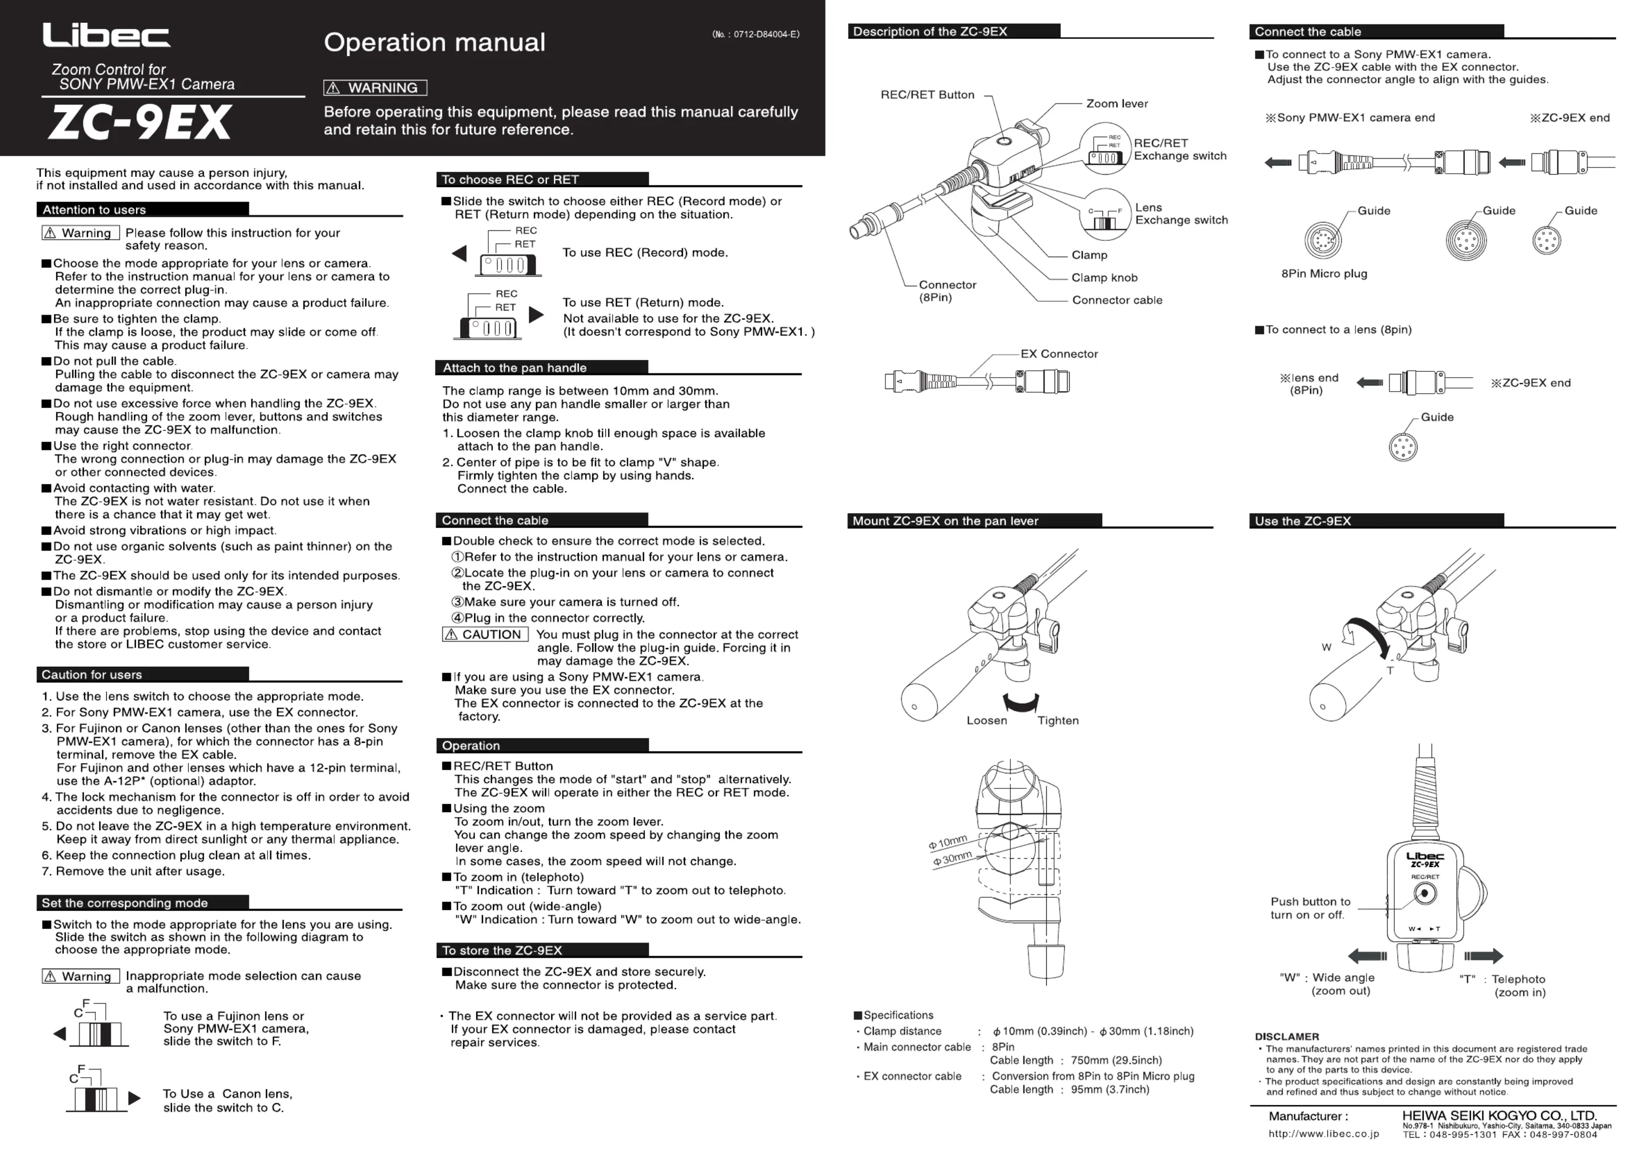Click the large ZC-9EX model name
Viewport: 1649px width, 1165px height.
coord(141,123)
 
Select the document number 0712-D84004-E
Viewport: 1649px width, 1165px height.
coord(756,34)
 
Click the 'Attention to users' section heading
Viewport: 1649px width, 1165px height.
coord(94,210)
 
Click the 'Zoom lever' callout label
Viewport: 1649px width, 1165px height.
coord(1117,103)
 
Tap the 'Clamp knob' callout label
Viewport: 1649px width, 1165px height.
coord(1104,278)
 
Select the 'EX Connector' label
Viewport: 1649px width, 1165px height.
coord(1059,354)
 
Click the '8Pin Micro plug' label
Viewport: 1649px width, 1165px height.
coord(1324,274)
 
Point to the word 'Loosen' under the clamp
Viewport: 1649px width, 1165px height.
coord(986,721)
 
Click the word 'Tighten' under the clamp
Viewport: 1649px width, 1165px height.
coord(1057,721)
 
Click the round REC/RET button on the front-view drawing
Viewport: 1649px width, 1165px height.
coord(1425,894)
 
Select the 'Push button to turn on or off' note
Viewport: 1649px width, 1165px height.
coord(1310,908)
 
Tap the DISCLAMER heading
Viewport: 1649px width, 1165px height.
coord(1286,1037)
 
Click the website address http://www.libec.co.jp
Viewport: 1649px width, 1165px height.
coord(1323,1134)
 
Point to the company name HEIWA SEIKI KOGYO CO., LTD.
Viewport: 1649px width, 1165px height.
coord(1499,1116)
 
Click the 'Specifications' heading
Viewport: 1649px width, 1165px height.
coord(898,1015)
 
